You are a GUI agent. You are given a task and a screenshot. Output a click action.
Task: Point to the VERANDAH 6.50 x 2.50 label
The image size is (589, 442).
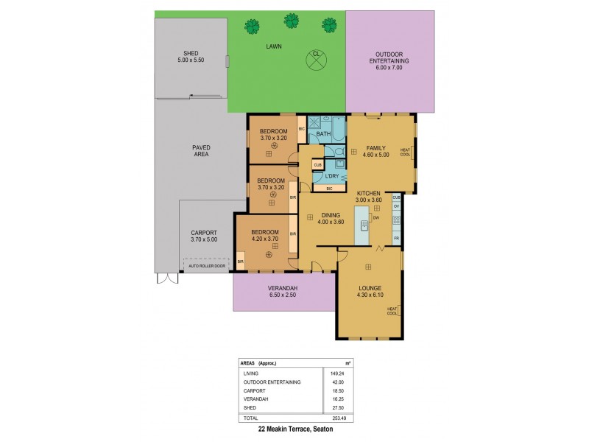pos(281,292)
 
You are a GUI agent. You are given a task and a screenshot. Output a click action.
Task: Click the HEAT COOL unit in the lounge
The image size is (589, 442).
pos(392,311)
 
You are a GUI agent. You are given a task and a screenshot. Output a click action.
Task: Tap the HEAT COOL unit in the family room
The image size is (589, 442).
pos(405,152)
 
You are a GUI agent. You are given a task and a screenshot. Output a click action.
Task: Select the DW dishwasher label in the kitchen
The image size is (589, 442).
pos(375,217)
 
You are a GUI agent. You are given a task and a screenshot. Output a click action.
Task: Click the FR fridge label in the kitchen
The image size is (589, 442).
pos(396,239)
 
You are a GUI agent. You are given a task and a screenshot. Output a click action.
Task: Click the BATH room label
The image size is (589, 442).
pos(323,134)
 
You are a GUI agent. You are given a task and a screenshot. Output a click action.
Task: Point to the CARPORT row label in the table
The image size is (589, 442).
pos(253,390)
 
